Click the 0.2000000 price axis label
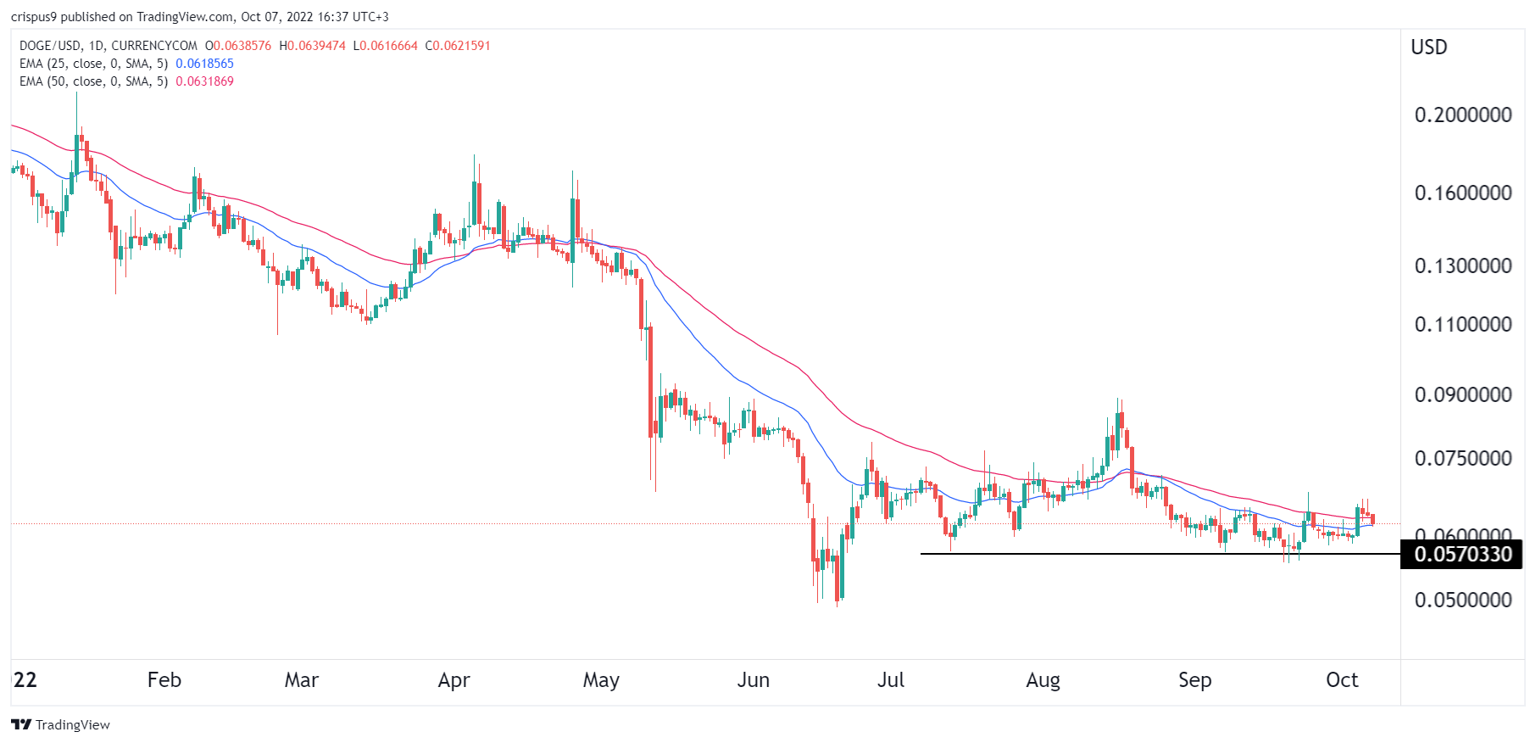pos(1462,115)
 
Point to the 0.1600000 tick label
pos(1462,193)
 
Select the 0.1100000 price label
pos(1462,325)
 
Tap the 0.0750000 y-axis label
pos(1462,459)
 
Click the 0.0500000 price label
pos(1462,601)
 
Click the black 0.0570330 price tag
pos(1462,555)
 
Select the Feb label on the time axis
pos(164,680)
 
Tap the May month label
pos(601,680)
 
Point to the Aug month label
pos(1043,680)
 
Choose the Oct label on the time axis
pos(1342,680)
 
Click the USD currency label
pos(1428,47)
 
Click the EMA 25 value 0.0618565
pos(204,64)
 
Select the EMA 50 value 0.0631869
pos(204,81)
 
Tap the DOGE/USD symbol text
pos(50,46)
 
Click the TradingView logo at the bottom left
pos(60,724)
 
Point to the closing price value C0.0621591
pos(458,46)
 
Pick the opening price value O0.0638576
pos(238,46)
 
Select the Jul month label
pos(890,680)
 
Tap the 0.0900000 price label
pos(1462,395)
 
